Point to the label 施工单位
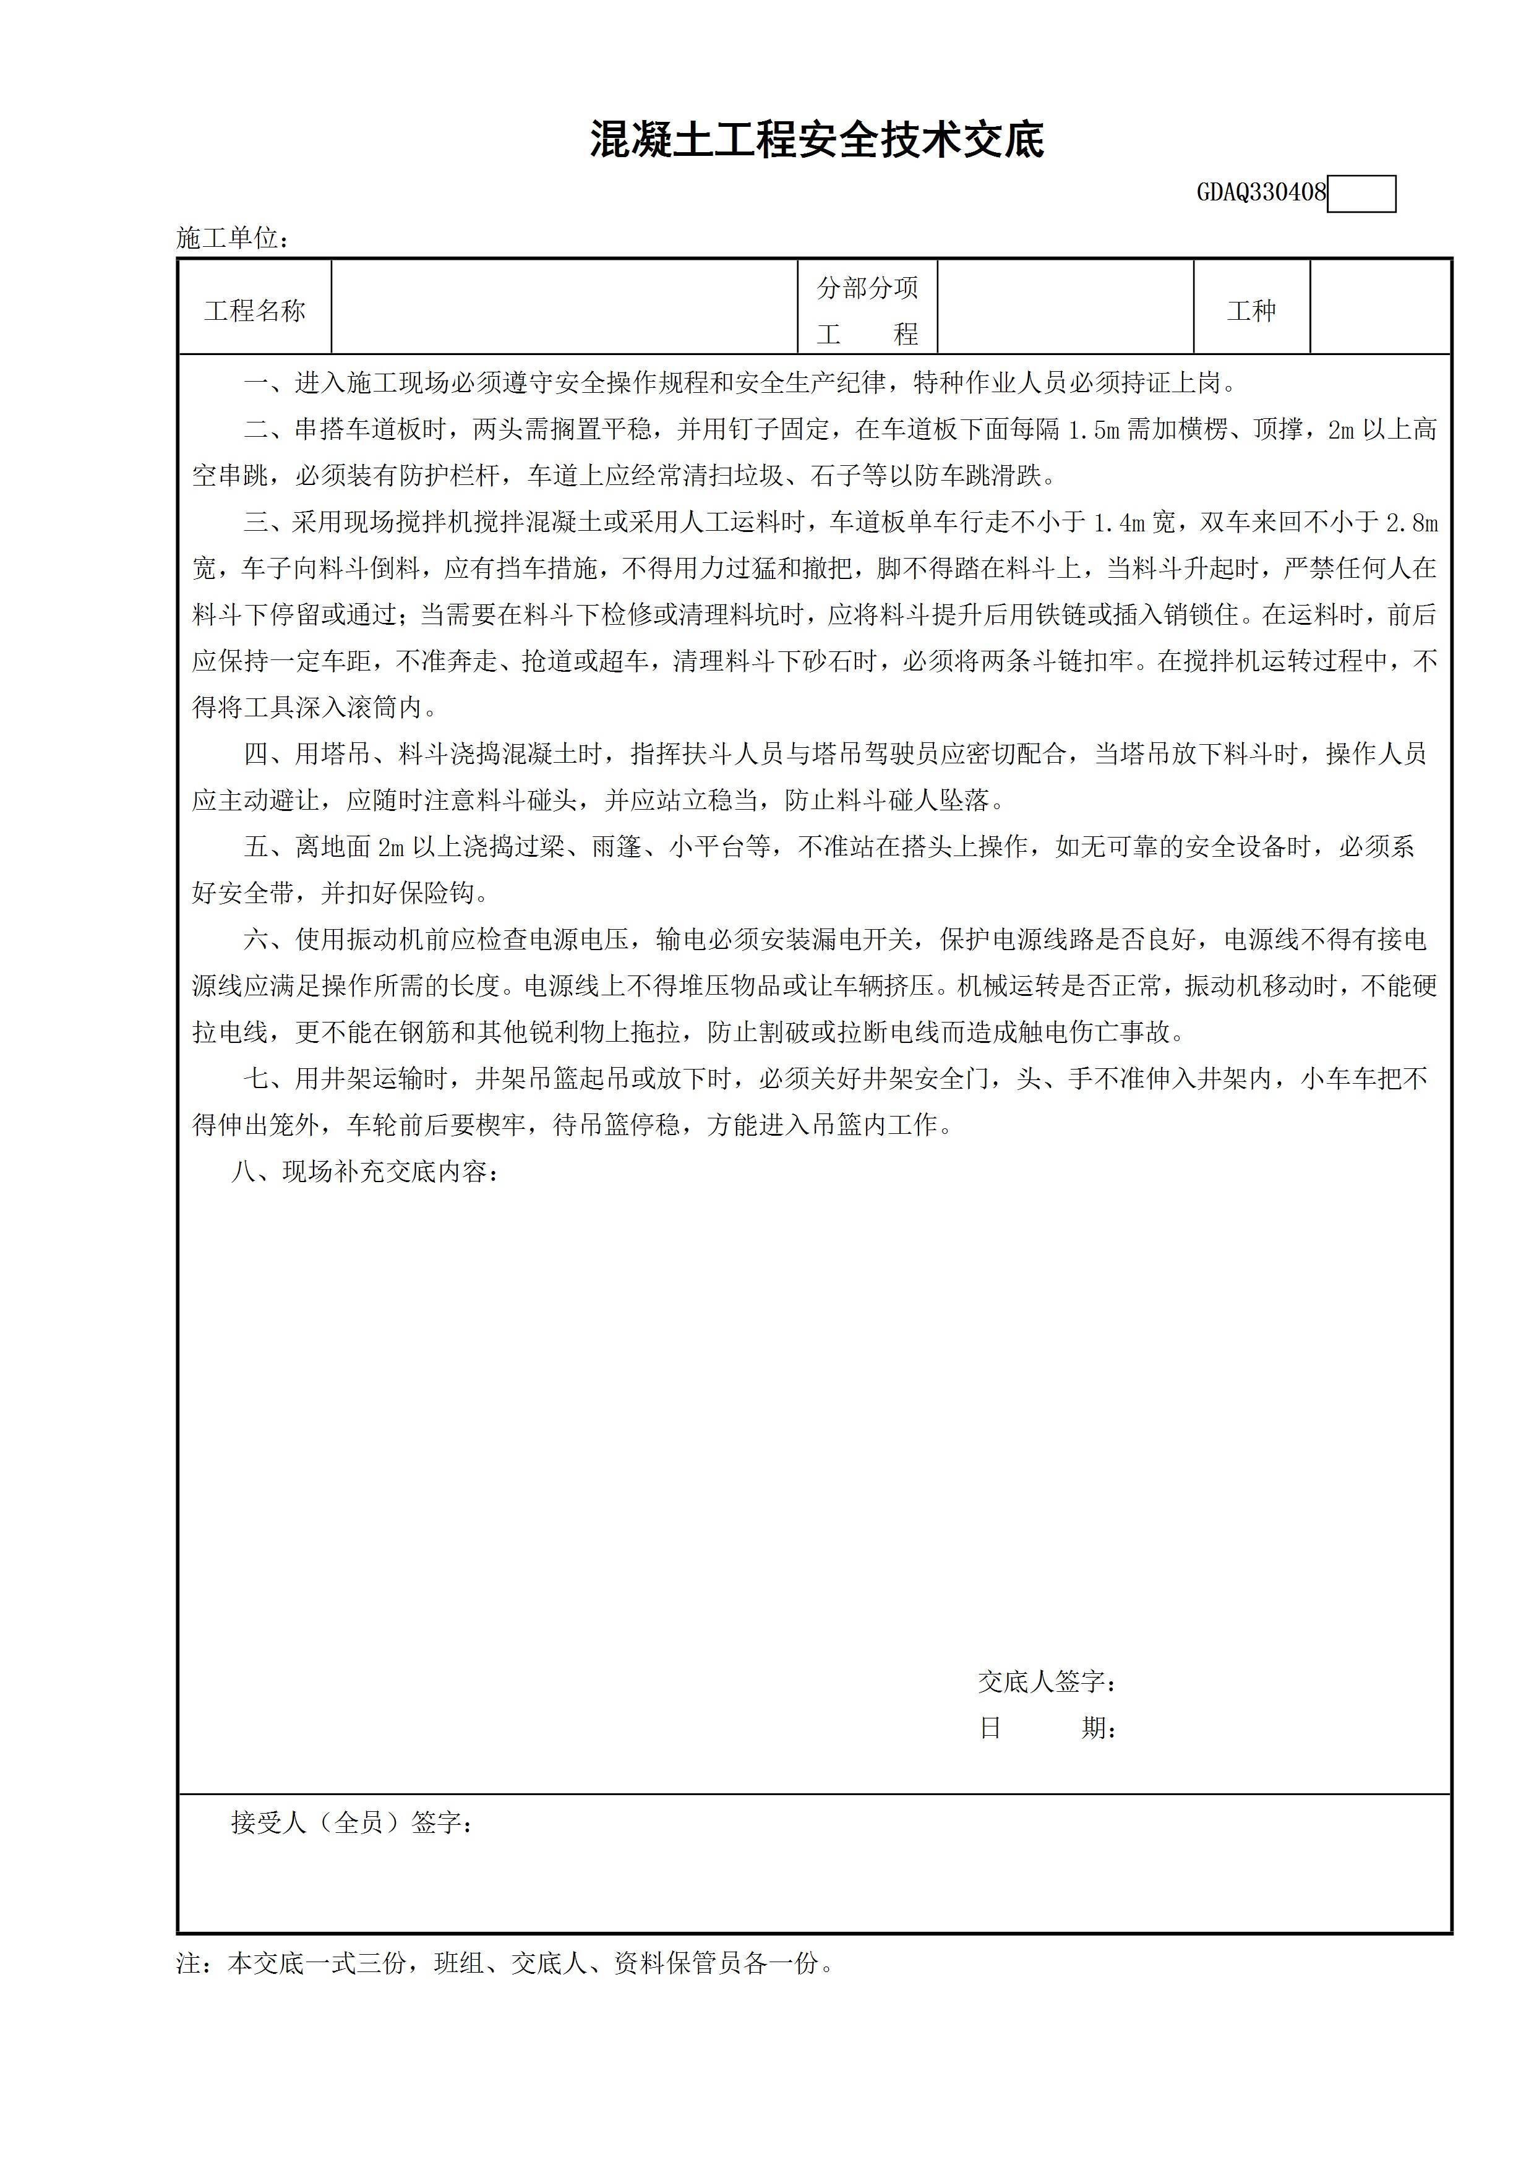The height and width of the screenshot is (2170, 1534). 231,238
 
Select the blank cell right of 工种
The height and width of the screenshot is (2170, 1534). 1380,308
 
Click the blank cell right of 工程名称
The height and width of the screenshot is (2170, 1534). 564,308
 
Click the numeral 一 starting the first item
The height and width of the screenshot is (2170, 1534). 255,383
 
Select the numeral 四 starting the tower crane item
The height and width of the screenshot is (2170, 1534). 255,754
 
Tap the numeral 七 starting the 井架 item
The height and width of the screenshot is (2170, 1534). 255,1078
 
